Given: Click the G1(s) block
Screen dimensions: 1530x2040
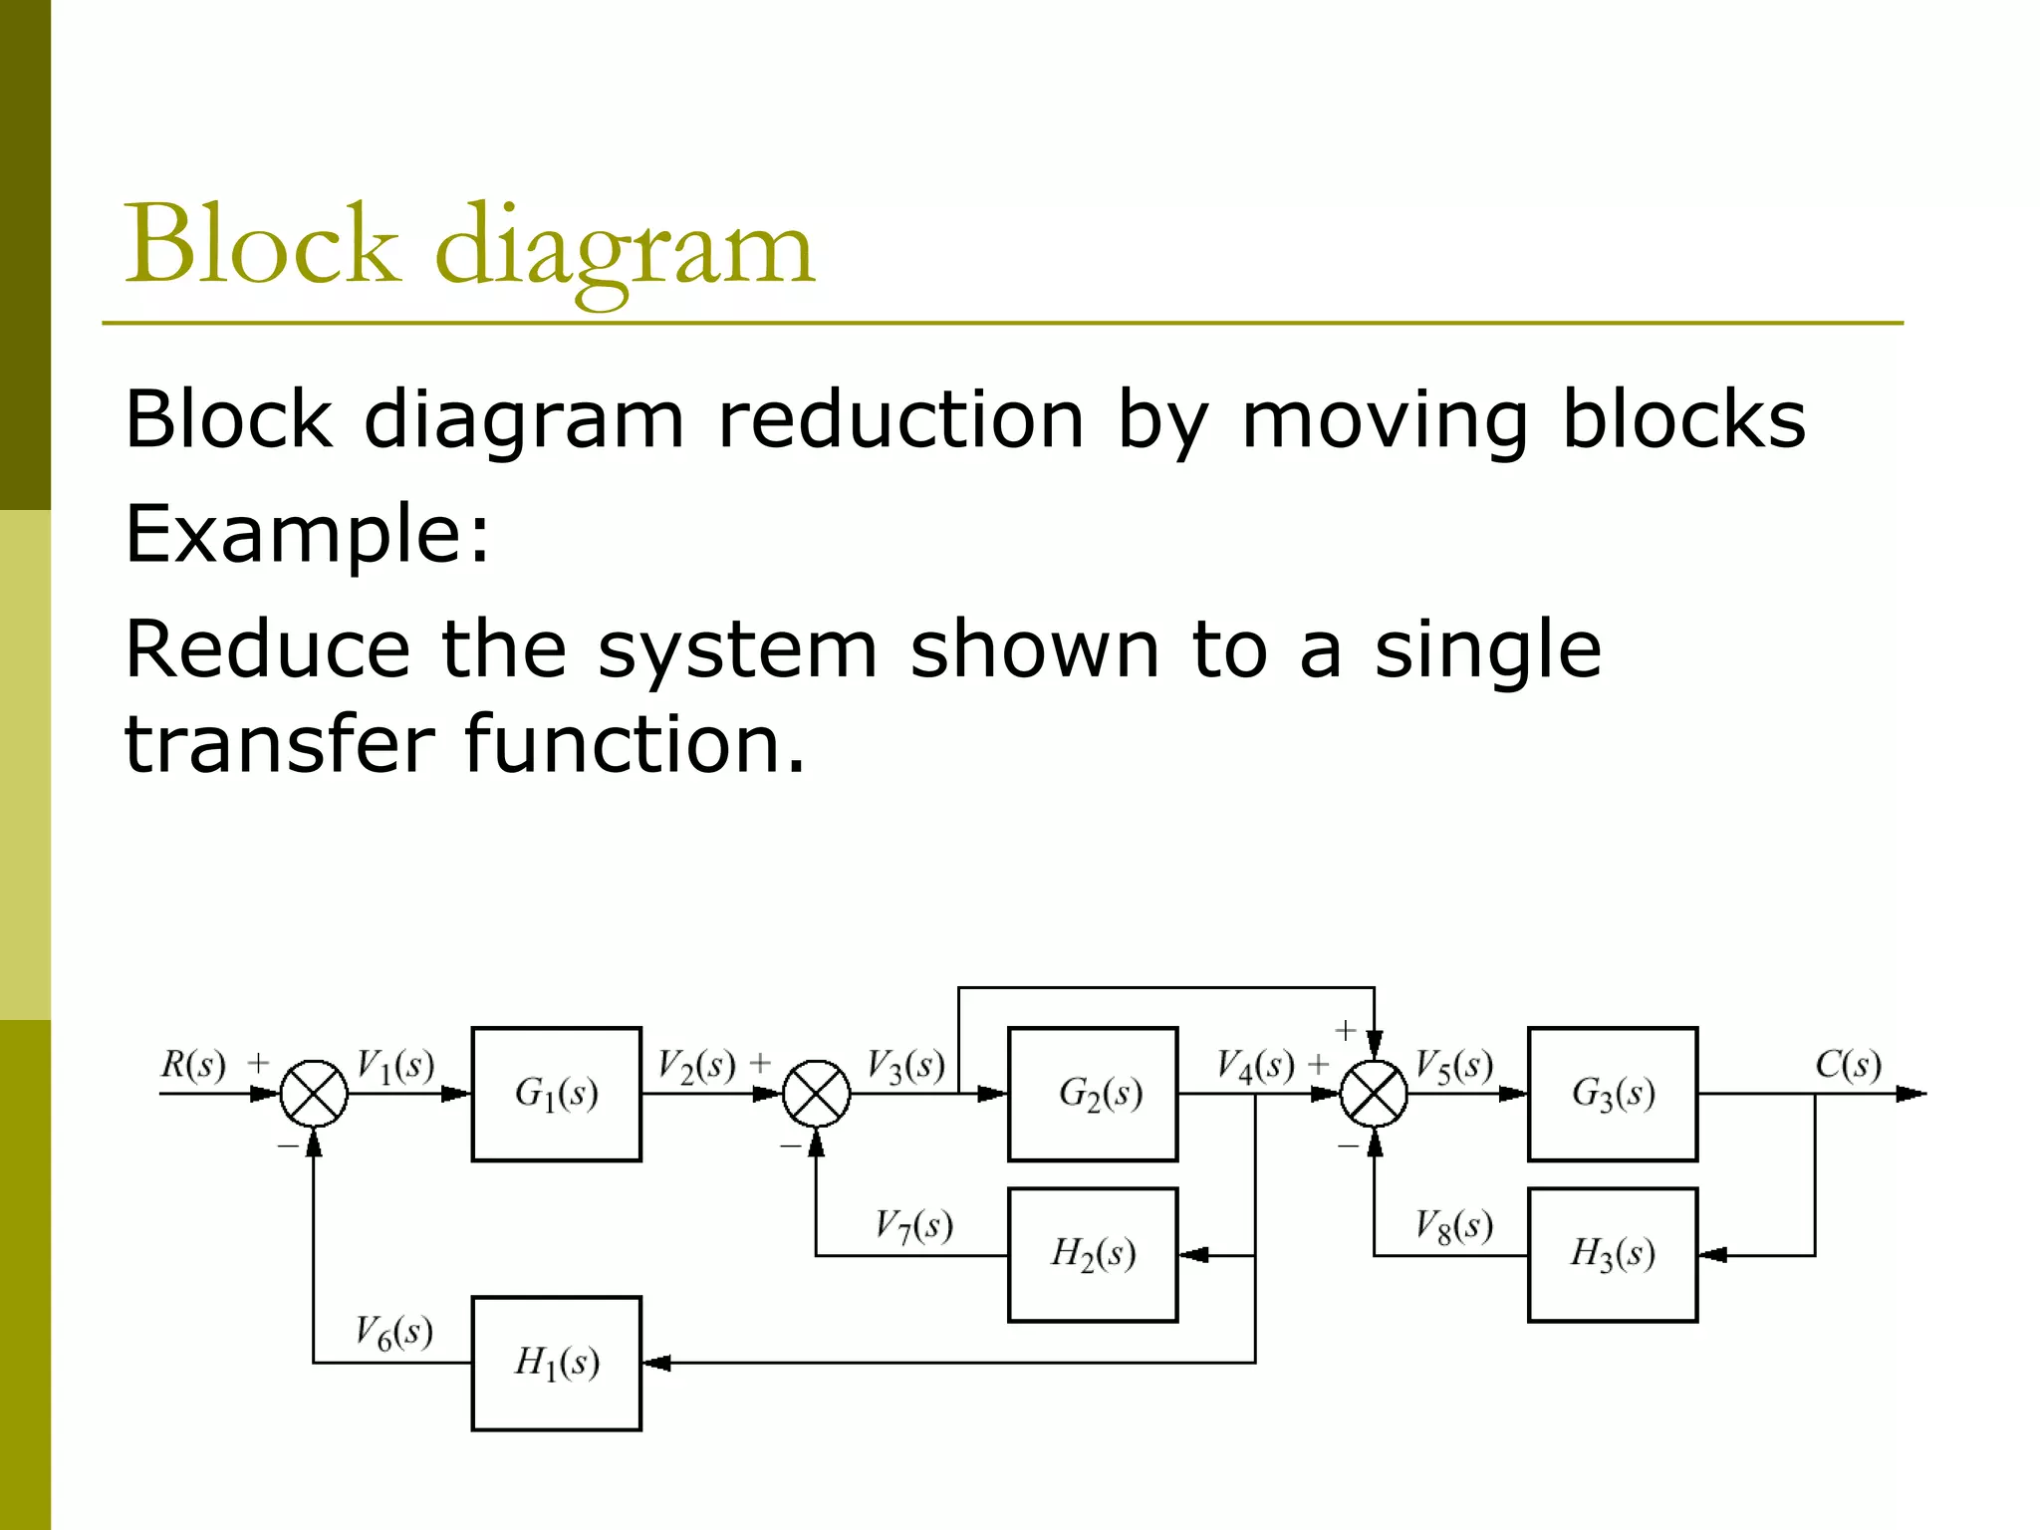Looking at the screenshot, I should coord(556,1094).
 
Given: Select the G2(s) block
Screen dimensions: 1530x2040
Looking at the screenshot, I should coord(1093,1094).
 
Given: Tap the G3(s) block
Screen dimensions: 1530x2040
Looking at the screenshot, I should coord(1612,1094).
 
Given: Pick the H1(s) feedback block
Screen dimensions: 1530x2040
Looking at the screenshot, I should coord(556,1363).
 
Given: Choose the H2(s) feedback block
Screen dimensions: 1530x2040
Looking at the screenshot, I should coord(1093,1254).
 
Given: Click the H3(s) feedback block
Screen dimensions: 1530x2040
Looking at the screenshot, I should coord(1612,1254).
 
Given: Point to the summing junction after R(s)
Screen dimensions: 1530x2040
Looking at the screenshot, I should coord(314,1094).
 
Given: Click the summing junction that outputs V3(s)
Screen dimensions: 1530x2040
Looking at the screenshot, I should coord(816,1094).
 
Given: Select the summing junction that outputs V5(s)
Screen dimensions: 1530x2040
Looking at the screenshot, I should coord(1374,1094).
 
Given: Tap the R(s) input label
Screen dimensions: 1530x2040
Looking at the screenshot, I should coord(193,1065).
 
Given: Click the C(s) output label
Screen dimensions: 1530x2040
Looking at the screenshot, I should coord(1848,1065).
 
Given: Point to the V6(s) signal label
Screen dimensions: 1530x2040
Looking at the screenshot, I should coord(394,1332).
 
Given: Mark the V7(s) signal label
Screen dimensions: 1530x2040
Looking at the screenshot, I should coord(913,1225).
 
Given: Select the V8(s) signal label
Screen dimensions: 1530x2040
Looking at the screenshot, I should coord(1454,1225).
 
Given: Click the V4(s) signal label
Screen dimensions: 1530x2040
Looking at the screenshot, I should coord(1255,1066).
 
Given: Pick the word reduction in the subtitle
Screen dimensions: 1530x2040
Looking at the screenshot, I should coord(899,419).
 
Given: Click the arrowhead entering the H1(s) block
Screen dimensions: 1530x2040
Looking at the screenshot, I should coord(656,1363).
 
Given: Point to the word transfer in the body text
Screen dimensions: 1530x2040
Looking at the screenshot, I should coord(279,744).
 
